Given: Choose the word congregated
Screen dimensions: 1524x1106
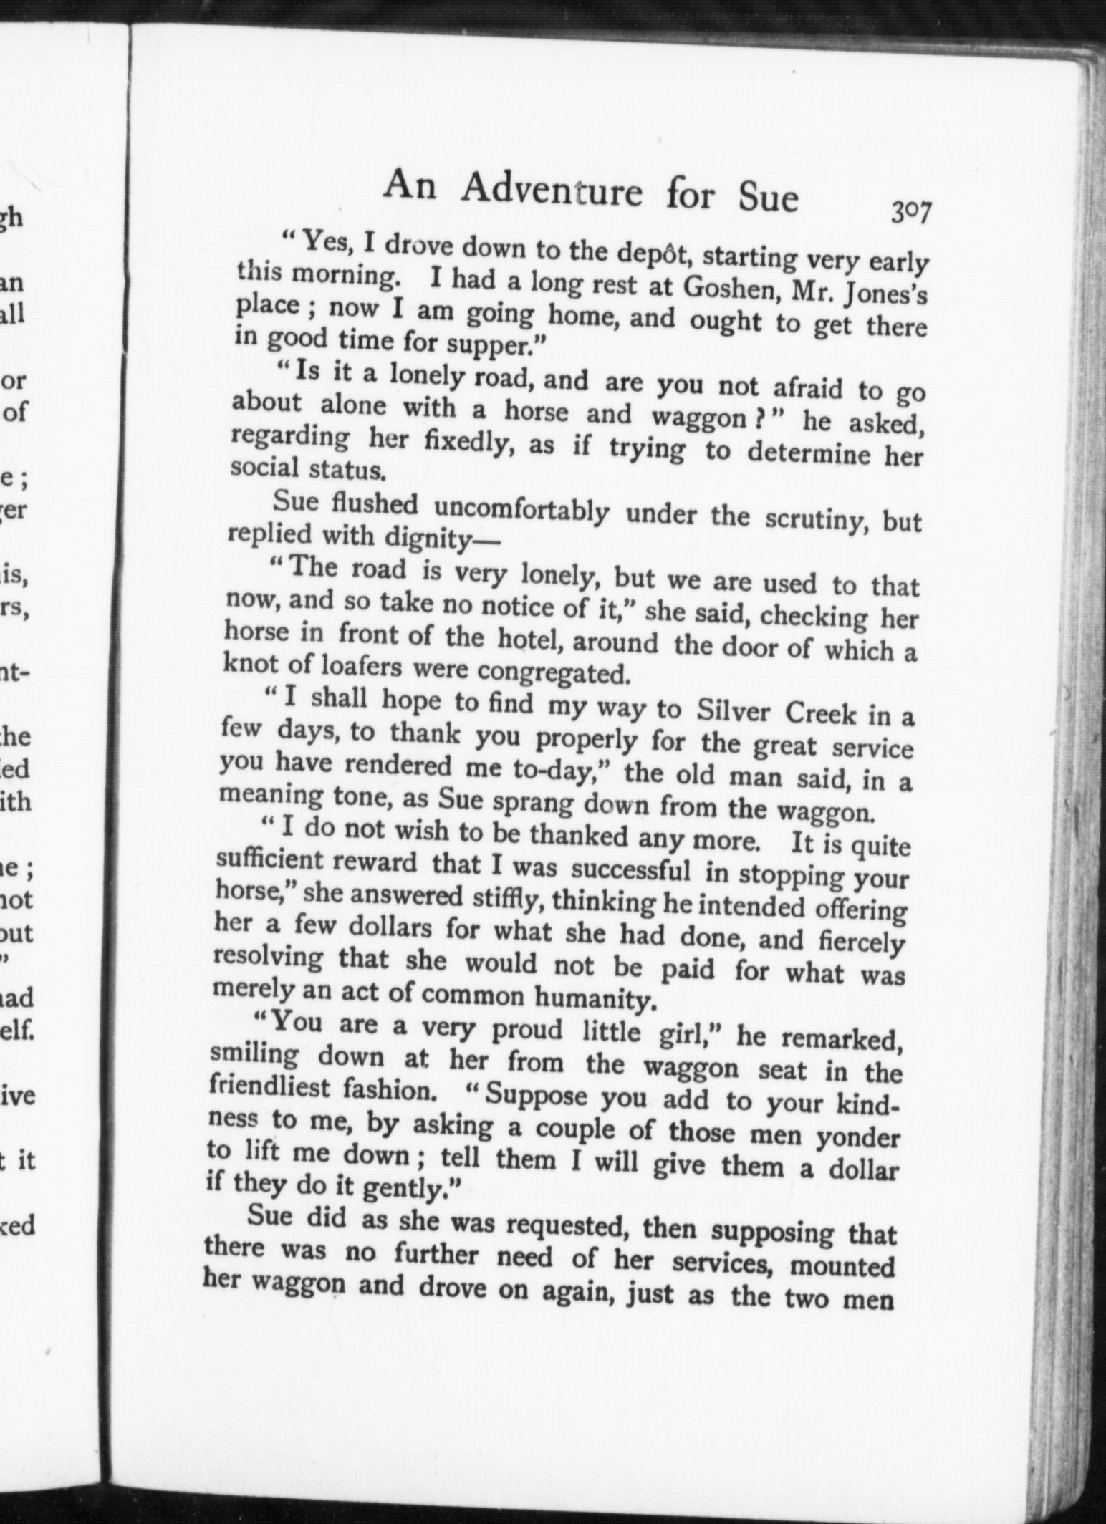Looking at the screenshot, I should click(x=549, y=672).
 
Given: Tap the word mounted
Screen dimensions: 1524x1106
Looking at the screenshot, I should click(x=841, y=1266).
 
